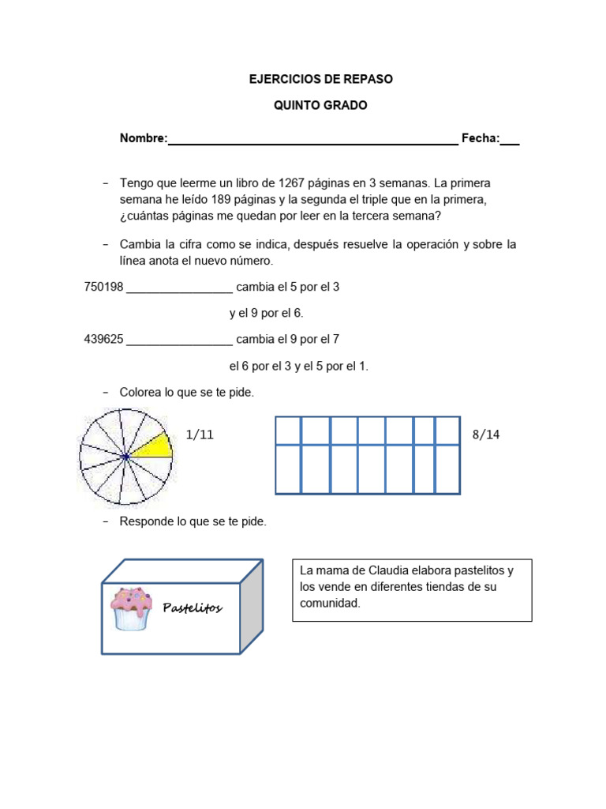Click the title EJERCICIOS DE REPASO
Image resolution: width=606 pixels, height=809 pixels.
click(320, 80)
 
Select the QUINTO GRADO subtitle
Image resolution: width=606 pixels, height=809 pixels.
click(320, 105)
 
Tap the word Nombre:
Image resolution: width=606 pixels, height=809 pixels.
click(144, 138)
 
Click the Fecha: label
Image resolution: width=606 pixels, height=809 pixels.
click(481, 138)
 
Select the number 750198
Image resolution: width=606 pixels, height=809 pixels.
click(103, 287)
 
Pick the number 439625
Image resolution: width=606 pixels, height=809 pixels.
click(103, 339)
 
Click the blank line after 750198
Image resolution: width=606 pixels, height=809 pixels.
click(179, 289)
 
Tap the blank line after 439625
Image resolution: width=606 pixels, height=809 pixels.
click(179, 341)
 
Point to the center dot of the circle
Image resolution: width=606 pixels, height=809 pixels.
click(126, 457)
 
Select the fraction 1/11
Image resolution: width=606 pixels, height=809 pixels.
click(200, 435)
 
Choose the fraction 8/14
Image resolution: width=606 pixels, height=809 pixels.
click(487, 435)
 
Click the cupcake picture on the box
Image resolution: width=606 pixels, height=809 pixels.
click(130, 608)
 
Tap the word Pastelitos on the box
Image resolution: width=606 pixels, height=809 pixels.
click(193, 608)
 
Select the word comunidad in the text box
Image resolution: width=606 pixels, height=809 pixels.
click(330, 603)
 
